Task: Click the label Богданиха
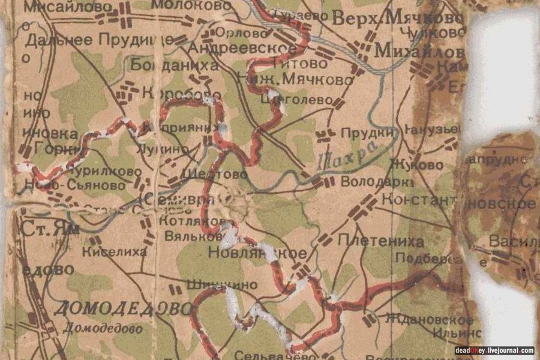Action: tap(174, 65)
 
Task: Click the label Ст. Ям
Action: tap(41, 230)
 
